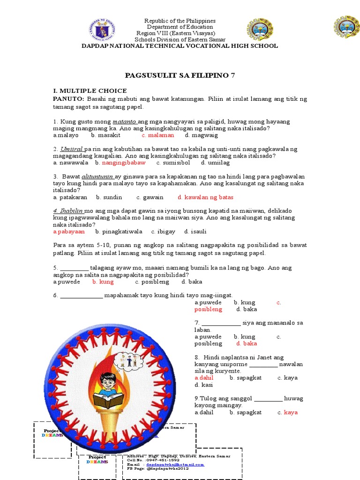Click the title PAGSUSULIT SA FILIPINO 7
click(180, 75)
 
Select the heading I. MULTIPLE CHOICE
click(90, 90)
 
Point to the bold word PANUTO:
click(68, 99)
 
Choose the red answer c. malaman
click(157, 135)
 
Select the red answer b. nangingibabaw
click(120, 163)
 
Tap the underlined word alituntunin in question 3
click(98, 177)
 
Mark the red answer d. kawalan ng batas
click(205, 197)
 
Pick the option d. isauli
click(195, 232)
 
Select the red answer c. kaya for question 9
click(287, 412)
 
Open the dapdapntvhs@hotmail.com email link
click(177, 465)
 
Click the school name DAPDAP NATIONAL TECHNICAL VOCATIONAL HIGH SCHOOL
click(180, 46)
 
